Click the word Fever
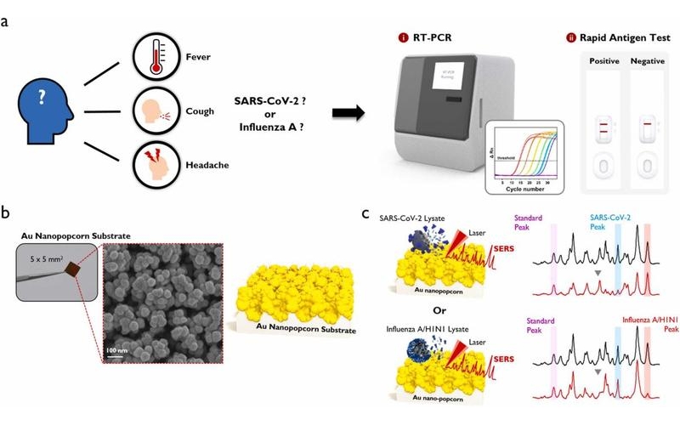point(197,59)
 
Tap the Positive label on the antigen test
point(602,63)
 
